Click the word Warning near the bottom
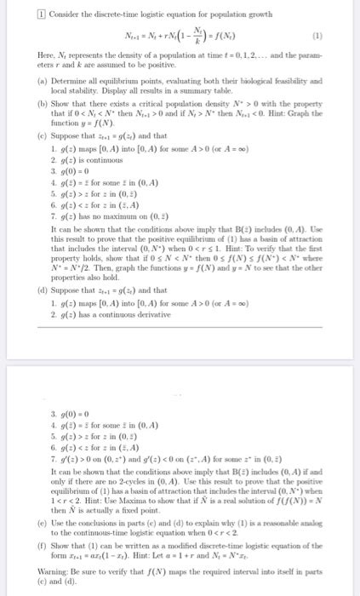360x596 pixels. tap(32, 582)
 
